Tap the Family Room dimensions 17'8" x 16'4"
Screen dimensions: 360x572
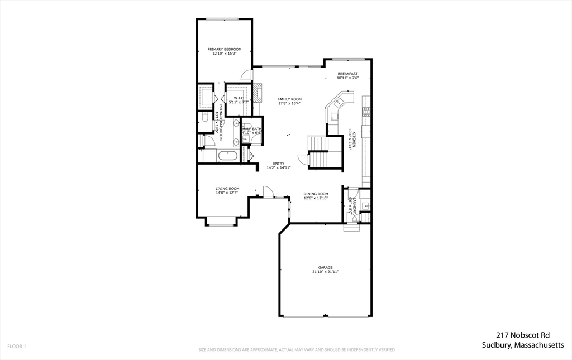coord(289,103)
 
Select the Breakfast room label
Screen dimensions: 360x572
coord(347,74)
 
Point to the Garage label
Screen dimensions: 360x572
coord(325,267)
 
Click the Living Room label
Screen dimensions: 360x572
coord(227,189)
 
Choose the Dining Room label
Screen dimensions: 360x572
coord(316,194)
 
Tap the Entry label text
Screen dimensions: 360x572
coord(278,164)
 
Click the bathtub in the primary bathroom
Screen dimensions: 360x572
coord(227,155)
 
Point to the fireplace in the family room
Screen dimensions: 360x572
coord(257,92)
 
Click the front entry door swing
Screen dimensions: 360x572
coord(268,191)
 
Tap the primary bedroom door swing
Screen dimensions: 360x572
coord(246,75)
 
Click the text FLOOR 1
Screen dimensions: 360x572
coord(17,347)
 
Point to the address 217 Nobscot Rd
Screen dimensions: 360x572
coord(523,335)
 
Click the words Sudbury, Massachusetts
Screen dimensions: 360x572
coord(523,345)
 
